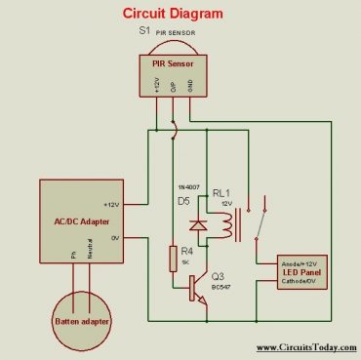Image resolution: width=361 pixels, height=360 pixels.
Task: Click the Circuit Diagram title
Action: (173, 14)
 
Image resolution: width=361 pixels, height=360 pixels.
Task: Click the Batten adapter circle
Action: (81, 319)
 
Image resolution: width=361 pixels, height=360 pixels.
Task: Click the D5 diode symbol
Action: (199, 224)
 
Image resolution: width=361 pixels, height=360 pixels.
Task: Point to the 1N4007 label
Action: (189, 186)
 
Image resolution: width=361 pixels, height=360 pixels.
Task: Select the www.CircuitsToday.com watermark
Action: (306, 347)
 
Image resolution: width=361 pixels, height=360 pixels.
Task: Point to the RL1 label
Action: (221, 194)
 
